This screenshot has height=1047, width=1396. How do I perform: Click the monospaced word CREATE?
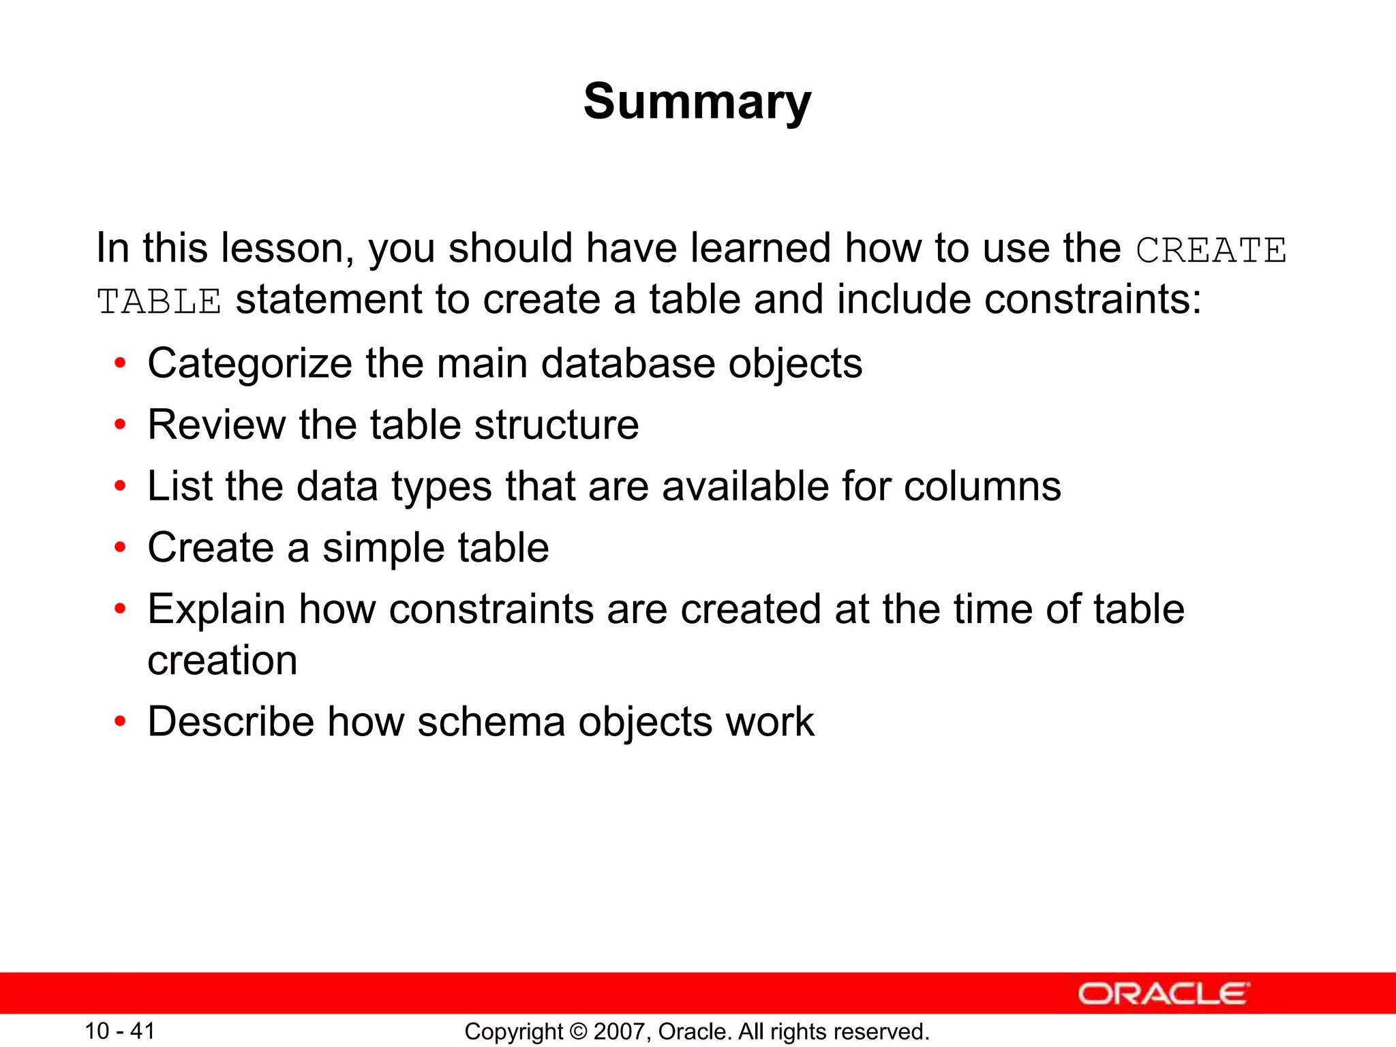pos(1211,250)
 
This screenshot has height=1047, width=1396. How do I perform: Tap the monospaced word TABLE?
pos(159,302)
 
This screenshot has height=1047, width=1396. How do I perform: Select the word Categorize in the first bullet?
pos(249,363)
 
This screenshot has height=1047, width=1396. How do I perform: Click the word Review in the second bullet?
pos(216,425)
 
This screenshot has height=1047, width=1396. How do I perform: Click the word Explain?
pos(216,609)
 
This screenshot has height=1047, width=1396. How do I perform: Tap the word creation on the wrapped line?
pos(222,660)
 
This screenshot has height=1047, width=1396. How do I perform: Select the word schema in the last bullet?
pos(491,722)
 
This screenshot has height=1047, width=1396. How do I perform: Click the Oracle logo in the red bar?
pos(1163,994)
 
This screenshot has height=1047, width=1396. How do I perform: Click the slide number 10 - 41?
pos(120,1031)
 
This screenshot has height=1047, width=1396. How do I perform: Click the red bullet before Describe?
pos(121,722)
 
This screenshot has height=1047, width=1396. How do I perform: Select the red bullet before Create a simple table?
pos(121,547)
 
